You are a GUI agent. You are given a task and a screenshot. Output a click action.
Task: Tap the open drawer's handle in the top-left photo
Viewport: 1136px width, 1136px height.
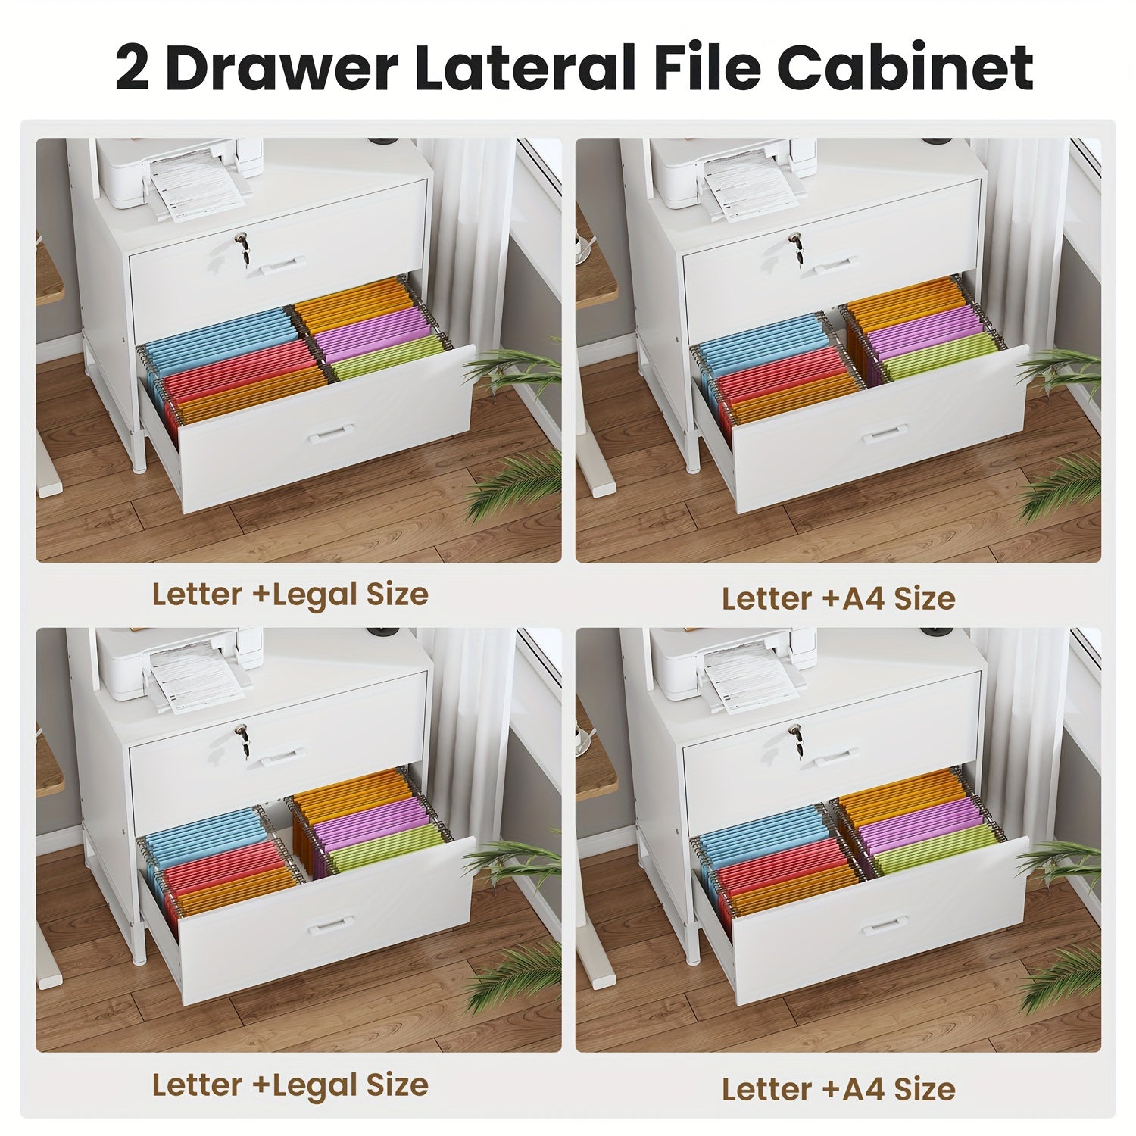pos(331,432)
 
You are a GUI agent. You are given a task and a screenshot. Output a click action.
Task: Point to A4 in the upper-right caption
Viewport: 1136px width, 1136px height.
pos(861,598)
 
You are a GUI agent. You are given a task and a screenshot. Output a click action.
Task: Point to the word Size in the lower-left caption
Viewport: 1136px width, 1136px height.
pos(398,1085)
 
